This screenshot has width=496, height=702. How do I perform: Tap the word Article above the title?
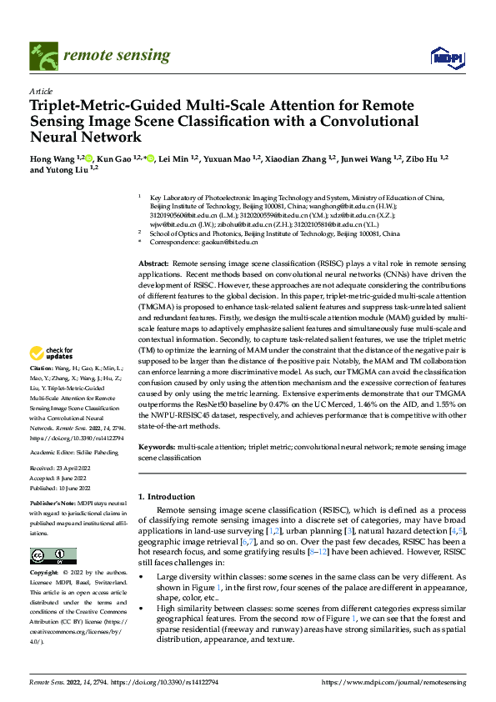pos(41,91)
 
